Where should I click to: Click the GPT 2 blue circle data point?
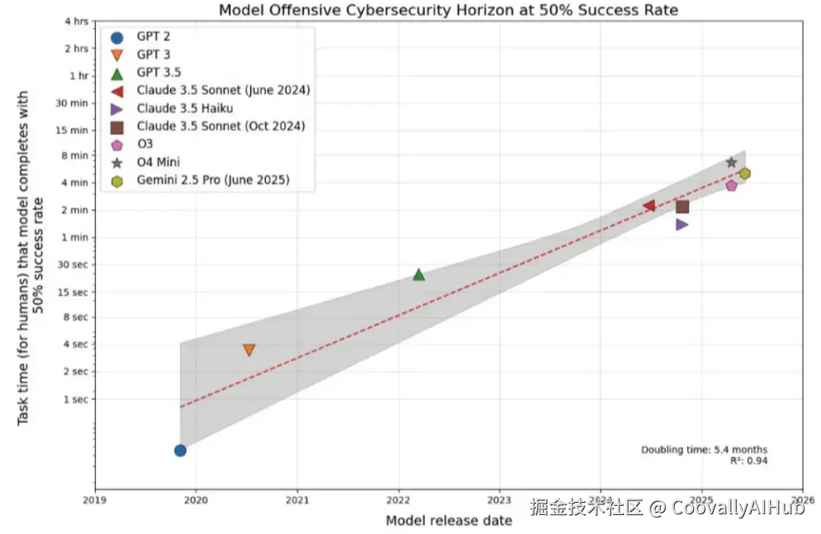click(x=180, y=450)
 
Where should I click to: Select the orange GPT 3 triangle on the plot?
click(x=249, y=350)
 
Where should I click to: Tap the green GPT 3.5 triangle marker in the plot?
click(x=418, y=274)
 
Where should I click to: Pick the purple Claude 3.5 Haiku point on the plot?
click(x=682, y=224)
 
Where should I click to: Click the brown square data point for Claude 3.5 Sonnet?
click(x=682, y=207)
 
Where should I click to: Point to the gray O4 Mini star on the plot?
click(x=731, y=163)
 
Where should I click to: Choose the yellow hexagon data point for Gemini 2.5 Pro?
click(x=745, y=174)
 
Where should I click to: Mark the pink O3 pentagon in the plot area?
click(x=731, y=185)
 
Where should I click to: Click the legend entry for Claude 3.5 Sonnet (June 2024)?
click(x=223, y=90)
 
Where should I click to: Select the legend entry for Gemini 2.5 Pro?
click(x=213, y=180)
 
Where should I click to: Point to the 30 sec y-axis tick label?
click(x=74, y=264)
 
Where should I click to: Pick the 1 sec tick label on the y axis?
click(x=77, y=399)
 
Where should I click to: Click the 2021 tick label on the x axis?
click(x=297, y=500)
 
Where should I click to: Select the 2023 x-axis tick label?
click(x=499, y=500)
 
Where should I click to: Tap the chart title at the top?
click(x=448, y=10)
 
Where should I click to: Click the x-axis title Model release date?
click(x=449, y=520)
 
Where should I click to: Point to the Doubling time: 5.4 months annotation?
click(x=704, y=450)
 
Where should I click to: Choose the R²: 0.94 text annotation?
click(x=748, y=460)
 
